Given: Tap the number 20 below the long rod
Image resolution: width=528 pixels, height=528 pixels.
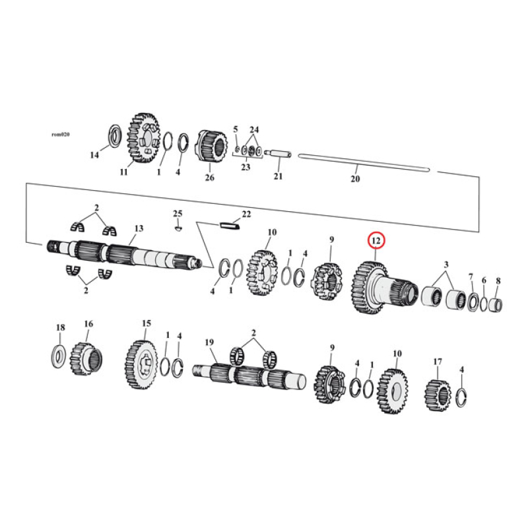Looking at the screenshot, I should pos(355,179).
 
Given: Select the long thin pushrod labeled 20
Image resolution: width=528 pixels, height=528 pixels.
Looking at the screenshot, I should pos(363,163).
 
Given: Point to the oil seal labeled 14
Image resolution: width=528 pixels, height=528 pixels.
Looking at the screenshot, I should pos(113,136).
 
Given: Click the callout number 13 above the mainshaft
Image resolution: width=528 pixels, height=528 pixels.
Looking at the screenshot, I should pos(139,228).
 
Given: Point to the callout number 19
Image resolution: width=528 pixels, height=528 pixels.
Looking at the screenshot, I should pos(209,342).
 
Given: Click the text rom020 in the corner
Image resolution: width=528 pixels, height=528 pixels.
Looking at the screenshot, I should pos(60,133).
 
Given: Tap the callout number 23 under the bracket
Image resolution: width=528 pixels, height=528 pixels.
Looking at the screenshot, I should pos(245,168).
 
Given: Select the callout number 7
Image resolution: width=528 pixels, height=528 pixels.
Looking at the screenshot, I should pos(471,276).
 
